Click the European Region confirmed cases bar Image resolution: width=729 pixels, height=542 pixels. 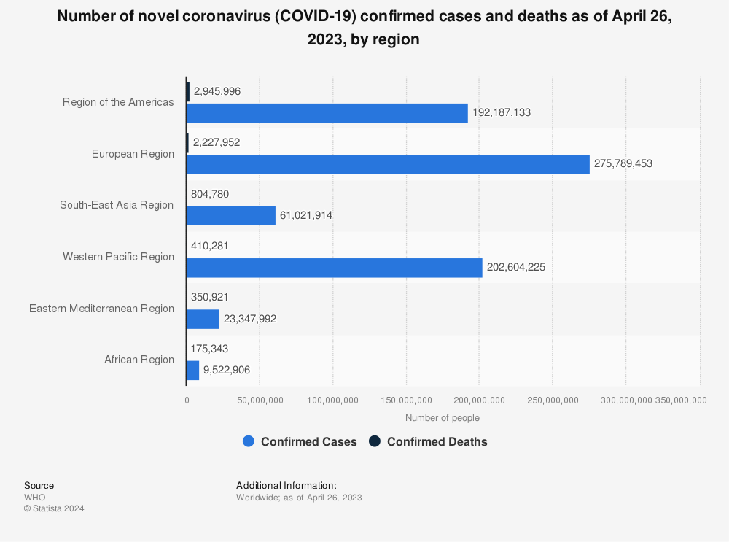388,164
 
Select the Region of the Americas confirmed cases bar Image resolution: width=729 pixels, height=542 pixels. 327,113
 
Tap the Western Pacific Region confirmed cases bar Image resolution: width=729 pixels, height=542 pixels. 334,268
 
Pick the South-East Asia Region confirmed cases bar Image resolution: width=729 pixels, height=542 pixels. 231,216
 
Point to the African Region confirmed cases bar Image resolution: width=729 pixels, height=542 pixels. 192,371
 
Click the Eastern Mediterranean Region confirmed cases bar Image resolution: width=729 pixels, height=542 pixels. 203,319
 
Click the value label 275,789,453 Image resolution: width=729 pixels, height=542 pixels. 623,164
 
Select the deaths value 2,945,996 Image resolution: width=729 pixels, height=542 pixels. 217,91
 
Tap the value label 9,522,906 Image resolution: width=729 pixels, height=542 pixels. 227,371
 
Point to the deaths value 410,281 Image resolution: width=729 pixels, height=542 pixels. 211,246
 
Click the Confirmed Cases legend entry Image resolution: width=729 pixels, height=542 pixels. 300,441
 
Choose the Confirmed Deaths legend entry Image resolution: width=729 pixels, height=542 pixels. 428,441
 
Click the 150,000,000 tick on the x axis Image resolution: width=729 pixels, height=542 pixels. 407,400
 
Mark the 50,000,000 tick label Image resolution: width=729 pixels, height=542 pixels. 260,400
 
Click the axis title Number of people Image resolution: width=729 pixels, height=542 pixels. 443,418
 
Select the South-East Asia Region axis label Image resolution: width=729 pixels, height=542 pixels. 117,205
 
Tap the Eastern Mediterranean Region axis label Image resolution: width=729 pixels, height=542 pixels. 101,309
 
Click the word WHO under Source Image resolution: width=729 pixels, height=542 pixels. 34,498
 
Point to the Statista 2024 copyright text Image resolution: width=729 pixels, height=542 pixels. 54,509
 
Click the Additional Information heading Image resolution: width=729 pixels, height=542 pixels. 286,485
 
